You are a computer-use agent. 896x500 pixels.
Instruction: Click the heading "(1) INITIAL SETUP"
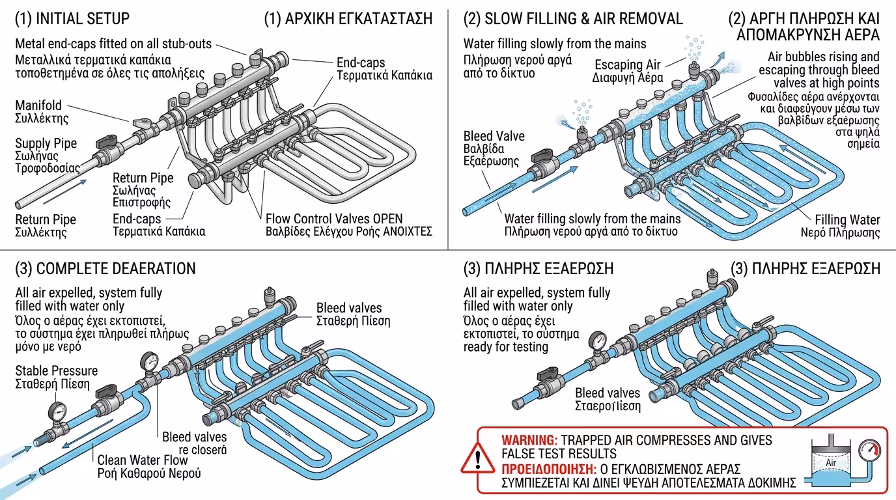pos(72,18)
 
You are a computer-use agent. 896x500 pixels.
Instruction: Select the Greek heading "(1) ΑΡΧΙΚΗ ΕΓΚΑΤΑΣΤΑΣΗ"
pos(348,18)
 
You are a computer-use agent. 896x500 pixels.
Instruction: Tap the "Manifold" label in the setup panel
pos(38,105)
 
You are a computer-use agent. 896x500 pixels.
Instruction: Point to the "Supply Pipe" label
pos(46,143)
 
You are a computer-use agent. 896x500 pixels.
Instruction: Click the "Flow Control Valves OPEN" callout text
pos(334,219)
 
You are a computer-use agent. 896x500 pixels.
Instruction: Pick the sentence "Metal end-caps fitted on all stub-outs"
pos(113,44)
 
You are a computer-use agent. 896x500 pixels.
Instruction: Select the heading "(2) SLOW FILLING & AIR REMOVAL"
pos(573,18)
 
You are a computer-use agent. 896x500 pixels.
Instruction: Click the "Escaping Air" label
pos(627,64)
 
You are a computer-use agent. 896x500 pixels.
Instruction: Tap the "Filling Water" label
pos(847,220)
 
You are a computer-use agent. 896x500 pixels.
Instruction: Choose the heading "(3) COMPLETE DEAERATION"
pos(105,268)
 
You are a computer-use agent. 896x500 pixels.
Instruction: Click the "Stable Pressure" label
pos(57,371)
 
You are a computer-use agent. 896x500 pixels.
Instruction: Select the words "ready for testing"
pos(506,347)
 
